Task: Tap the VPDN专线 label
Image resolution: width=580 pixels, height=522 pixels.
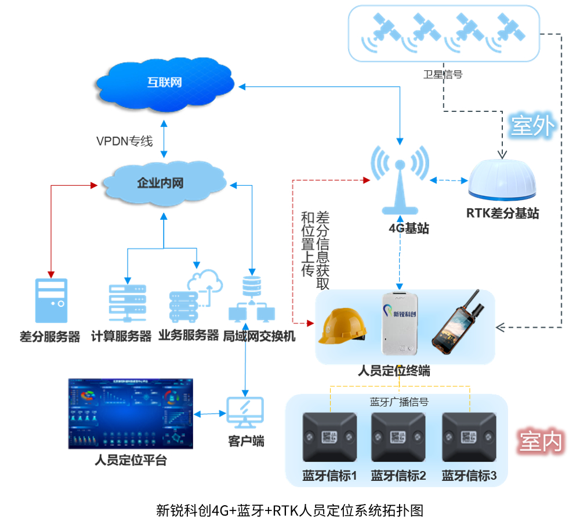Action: [x=124, y=141]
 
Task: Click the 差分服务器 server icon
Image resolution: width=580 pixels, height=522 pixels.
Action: [x=51, y=300]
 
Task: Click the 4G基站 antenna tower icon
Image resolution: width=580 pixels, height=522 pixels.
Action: [x=400, y=177]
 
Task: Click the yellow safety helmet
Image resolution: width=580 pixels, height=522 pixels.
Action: [x=344, y=326]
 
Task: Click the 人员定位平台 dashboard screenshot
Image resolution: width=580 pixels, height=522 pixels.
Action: [x=130, y=414]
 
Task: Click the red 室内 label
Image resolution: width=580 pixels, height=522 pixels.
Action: [x=540, y=442]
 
